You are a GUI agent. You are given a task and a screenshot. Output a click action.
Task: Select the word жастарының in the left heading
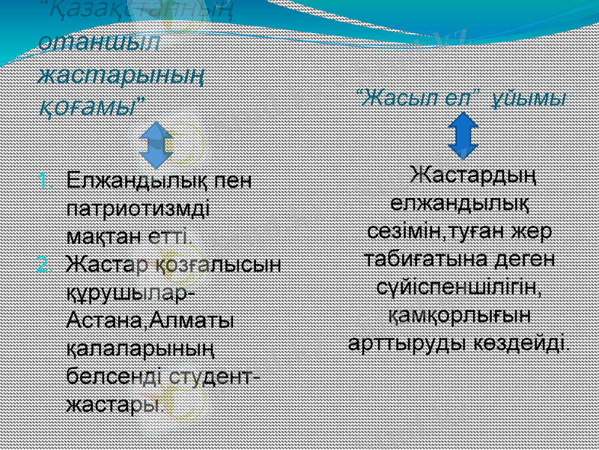[122, 75]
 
